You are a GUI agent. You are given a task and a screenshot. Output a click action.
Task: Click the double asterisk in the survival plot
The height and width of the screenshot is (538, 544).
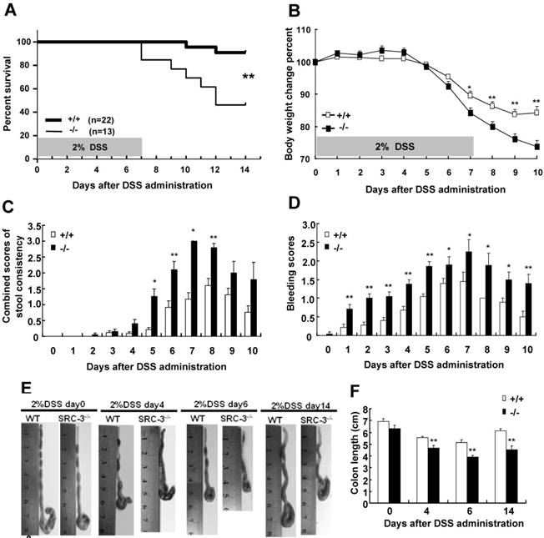[248, 78]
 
